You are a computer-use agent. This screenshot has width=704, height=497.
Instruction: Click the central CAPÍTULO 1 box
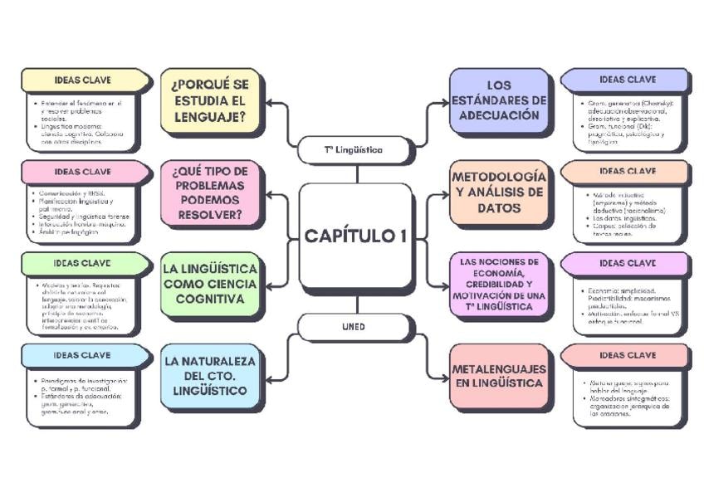tap(355, 236)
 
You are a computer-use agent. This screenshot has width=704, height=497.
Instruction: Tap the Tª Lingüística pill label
tap(354, 150)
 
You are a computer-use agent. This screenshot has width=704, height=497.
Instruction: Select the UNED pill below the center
tap(354, 327)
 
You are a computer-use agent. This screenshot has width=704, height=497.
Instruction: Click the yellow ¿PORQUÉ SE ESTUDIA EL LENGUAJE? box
tap(209, 101)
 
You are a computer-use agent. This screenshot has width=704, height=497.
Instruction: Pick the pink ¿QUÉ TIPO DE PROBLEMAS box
tap(209, 192)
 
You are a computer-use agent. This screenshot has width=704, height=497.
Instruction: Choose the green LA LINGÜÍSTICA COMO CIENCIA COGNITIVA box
tap(209, 284)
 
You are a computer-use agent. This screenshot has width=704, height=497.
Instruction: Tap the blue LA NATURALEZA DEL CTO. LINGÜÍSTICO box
tap(209, 376)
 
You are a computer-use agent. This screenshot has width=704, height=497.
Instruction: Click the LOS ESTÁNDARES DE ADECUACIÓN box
tap(499, 100)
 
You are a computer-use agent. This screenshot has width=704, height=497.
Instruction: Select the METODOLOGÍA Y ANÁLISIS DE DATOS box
tap(499, 192)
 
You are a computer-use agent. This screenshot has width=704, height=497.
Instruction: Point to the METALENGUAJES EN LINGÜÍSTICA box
tap(499, 376)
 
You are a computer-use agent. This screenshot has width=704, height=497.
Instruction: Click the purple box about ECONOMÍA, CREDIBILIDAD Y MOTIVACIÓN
tap(499, 285)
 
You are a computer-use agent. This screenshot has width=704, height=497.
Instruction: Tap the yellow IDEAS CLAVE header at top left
tap(83, 80)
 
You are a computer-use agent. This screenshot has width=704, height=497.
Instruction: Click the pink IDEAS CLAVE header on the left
tap(83, 172)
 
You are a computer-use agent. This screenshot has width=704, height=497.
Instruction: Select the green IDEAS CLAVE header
tap(83, 263)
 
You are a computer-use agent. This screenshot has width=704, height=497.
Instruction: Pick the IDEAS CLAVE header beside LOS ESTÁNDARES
tap(627, 80)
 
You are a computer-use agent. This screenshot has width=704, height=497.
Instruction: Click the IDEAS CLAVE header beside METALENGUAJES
tap(627, 355)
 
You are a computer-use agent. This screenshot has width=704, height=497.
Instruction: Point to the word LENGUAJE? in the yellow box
tap(209, 117)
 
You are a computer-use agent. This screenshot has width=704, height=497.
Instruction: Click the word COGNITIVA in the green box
tap(209, 299)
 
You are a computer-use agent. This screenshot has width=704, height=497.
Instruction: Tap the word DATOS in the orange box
tap(499, 208)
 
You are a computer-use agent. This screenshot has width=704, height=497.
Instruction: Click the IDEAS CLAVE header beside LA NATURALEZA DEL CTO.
tap(83, 355)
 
